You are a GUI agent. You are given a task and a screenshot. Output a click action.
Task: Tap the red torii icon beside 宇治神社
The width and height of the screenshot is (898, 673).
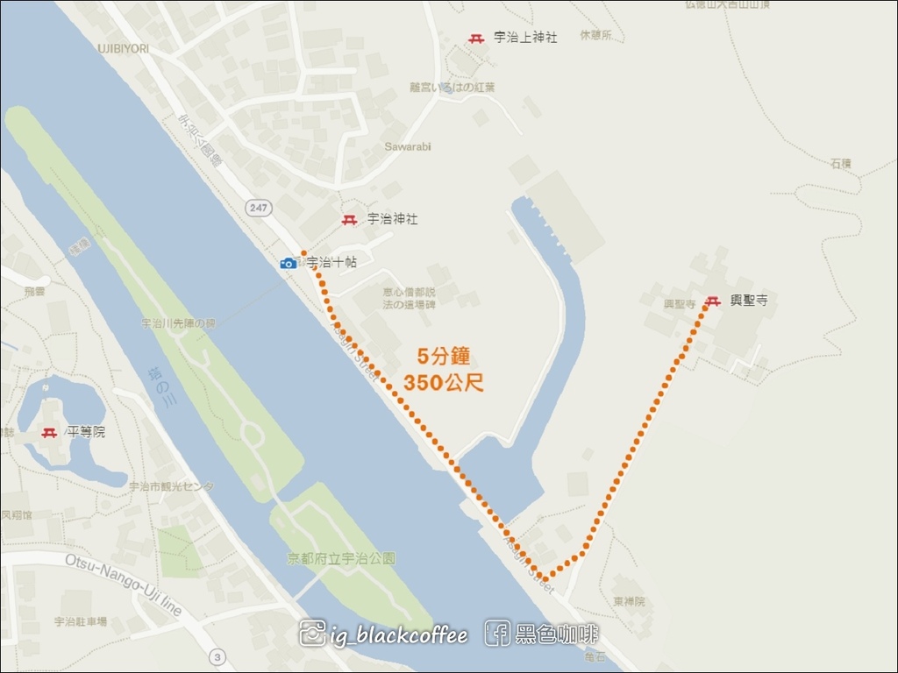pos(349,220)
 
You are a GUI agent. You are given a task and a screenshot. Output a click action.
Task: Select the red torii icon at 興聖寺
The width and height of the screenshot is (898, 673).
pos(713,301)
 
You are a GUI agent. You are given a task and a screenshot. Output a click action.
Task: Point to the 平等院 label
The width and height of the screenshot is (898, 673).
pos(87,432)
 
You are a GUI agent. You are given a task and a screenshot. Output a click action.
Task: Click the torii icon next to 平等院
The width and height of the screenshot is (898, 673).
pos(50,433)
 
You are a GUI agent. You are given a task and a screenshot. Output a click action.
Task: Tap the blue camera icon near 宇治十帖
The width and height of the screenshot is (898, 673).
pos(288,263)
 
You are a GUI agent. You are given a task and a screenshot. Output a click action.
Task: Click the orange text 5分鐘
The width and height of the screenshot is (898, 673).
pos(444,356)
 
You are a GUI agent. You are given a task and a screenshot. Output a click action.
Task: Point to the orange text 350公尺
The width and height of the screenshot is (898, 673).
pos(444,382)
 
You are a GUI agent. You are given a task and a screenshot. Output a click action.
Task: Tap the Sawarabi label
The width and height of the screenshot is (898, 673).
pos(408,146)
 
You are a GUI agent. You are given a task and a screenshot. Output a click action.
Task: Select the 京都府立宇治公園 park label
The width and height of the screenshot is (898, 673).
pos(341,558)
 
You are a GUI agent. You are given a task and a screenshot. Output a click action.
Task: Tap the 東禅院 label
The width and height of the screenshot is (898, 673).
pos(629,602)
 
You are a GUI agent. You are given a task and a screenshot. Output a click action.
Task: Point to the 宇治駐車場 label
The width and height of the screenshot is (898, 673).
pos(81,621)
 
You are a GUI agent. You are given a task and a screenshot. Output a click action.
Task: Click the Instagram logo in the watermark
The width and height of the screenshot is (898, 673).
pos(312,634)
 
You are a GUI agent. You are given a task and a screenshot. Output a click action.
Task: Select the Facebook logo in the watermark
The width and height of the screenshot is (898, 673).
pos(497,634)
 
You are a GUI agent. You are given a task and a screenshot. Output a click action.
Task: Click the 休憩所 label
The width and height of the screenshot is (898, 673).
pos(595,36)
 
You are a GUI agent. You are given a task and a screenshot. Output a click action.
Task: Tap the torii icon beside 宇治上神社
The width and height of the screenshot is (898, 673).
pos(477,39)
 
